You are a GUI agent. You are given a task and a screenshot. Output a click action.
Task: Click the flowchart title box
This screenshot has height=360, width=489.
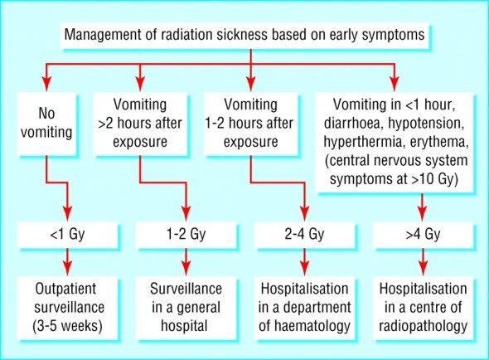244,35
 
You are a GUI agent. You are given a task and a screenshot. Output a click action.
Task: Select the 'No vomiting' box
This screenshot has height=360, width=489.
46,124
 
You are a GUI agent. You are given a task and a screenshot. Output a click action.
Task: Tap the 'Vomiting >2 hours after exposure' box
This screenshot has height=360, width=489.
140,124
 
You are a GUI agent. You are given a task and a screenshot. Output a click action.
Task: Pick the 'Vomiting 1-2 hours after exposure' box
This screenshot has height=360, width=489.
251,124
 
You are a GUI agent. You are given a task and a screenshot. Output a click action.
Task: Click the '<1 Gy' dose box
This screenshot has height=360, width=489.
67,235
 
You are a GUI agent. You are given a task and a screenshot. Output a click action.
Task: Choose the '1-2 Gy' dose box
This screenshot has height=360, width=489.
186,235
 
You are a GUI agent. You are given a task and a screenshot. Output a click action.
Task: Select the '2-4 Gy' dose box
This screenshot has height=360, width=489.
305,235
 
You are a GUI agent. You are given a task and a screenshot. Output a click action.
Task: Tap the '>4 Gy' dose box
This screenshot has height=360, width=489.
424,235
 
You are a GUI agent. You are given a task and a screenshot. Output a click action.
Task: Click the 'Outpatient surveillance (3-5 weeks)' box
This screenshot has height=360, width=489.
67,308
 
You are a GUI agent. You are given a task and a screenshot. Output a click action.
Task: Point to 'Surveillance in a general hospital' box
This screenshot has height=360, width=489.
186,308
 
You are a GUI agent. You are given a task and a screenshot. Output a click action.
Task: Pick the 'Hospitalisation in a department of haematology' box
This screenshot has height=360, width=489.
305,308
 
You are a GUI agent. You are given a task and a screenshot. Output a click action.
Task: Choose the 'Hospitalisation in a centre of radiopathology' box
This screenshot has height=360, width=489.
424,308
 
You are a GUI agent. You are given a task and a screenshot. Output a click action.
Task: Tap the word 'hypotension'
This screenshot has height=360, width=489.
424,124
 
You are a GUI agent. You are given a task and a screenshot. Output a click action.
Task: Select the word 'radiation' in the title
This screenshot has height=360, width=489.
182,34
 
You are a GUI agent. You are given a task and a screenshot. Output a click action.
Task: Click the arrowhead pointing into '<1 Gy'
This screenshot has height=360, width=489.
67,213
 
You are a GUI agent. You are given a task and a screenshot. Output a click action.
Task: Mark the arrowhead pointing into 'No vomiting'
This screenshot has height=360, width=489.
46,84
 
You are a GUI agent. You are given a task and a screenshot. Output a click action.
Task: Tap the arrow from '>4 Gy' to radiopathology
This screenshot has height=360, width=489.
424,261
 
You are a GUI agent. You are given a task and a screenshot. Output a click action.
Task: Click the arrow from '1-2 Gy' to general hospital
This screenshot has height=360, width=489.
186,261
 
